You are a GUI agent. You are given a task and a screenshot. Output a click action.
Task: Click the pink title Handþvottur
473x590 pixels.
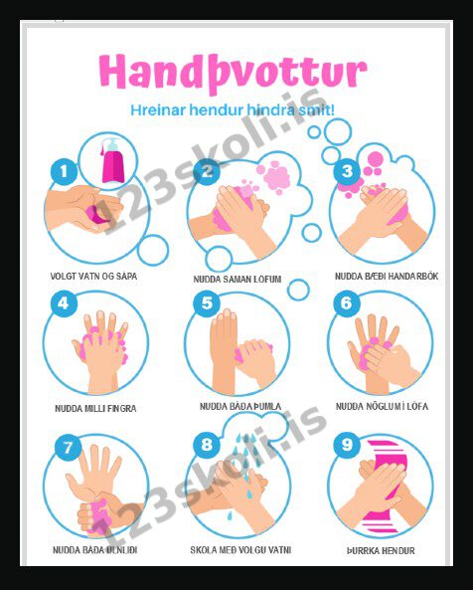[233, 73]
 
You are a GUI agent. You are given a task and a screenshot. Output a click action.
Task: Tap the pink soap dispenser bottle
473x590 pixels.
[112, 160]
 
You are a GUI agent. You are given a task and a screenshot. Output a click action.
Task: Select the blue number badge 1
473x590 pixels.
[64, 172]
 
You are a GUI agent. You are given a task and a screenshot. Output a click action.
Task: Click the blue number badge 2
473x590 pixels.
[207, 172]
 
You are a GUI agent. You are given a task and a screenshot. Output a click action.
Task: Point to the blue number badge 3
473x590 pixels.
[347, 171]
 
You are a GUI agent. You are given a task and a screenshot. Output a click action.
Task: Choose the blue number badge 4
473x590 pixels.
[64, 303]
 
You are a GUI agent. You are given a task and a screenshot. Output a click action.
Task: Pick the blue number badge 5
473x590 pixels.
[207, 303]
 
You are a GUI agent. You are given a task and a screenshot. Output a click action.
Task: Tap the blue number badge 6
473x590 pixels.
[347, 303]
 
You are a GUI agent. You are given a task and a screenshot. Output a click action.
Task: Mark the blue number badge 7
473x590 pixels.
[68, 448]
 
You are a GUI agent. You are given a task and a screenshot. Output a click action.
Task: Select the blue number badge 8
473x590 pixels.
[207, 445]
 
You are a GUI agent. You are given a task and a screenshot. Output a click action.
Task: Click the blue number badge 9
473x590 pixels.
[347, 445]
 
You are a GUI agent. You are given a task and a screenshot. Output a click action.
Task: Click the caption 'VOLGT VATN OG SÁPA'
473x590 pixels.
[94, 276]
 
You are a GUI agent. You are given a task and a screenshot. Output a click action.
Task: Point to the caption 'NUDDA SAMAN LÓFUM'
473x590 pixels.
[237, 279]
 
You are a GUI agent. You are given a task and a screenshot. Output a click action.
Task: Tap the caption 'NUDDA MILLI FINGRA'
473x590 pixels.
[95, 408]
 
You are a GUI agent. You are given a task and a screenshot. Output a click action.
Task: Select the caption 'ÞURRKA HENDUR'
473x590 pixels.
[381, 551]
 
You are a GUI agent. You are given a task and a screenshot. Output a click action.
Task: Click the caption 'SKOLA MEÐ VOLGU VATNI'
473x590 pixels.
[240, 550]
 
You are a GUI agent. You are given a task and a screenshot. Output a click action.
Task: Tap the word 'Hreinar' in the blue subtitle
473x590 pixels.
[158, 110]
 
